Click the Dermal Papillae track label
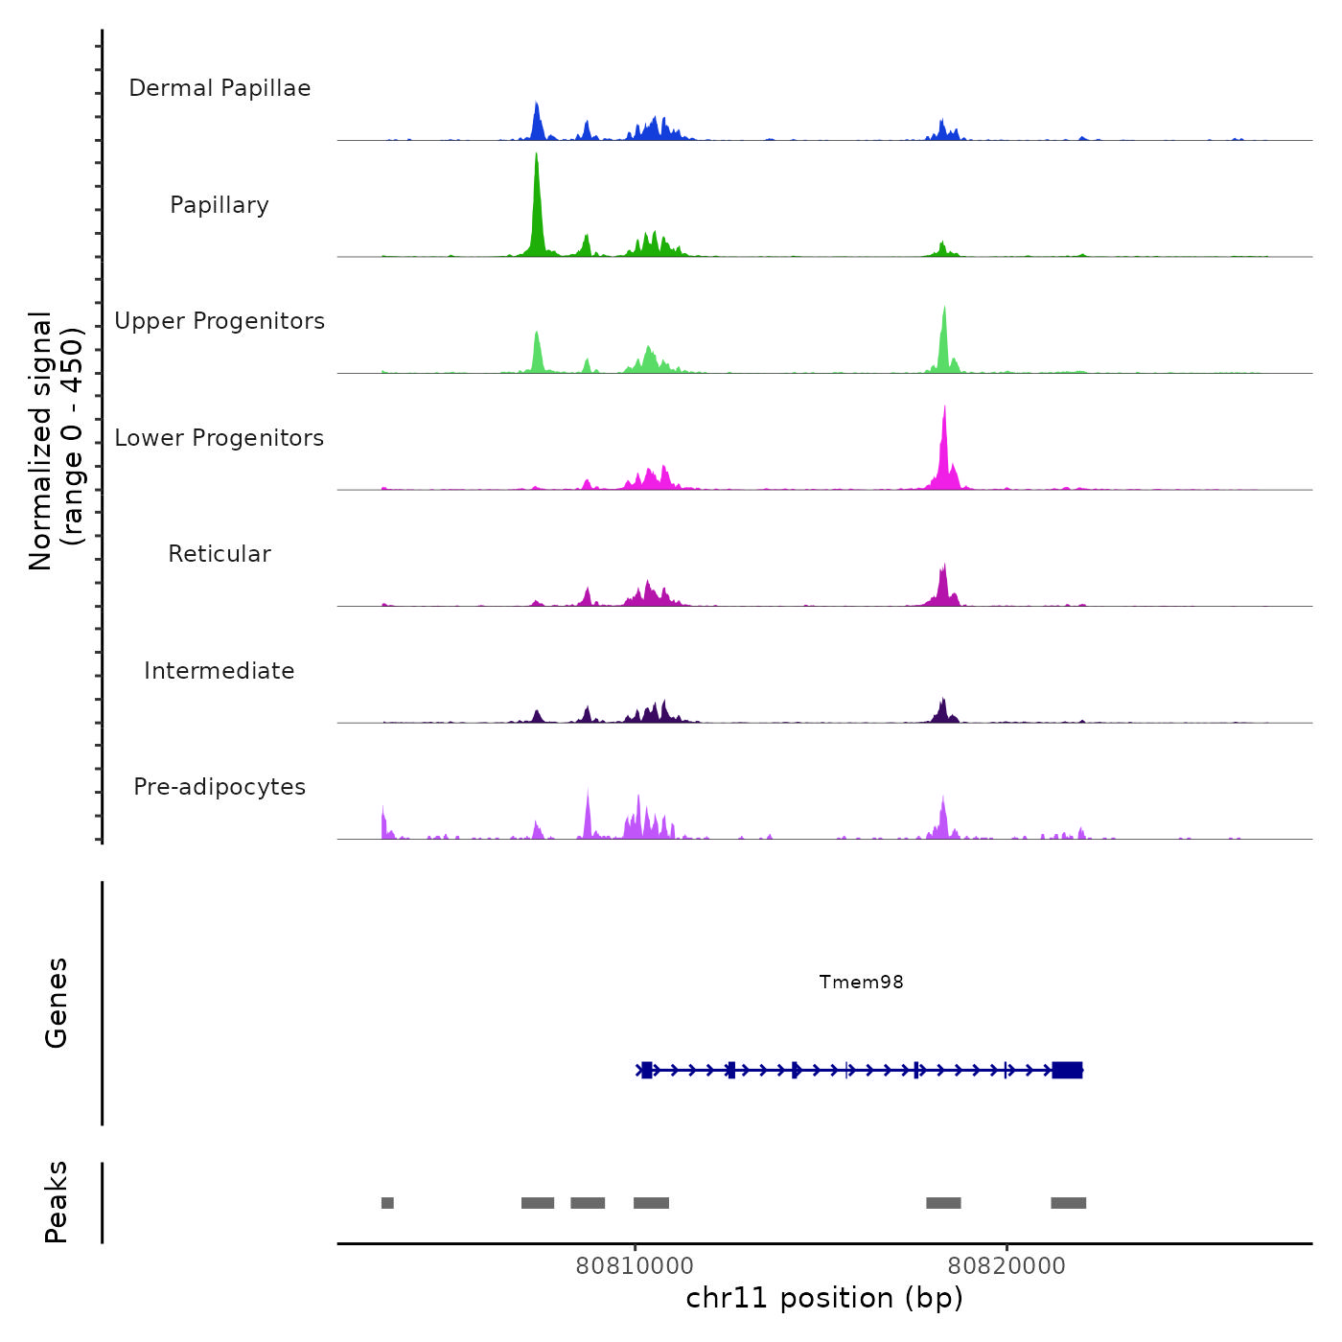[x=220, y=88]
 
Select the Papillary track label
[x=220, y=205]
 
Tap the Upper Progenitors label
[x=220, y=321]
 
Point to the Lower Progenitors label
[x=220, y=438]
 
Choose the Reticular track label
[x=220, y=554]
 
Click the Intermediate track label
[x=220, y=671]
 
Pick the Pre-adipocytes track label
[x=220, y=787]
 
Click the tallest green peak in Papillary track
[x=537, y=192]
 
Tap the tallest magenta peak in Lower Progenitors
[x=944, y=441]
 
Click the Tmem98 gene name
[x=861, y=982]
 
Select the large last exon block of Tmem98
[x=1067, y=1070]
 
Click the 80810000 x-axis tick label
[x=635, y=1265]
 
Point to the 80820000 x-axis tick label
[x=1006, y=1265]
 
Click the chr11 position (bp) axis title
[x=824, y=1298]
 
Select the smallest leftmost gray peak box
[x=387, y=1203]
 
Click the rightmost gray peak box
[x=1068, y=1203]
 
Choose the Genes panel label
[x=56, y=1003]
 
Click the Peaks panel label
[x=56, y=1202]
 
